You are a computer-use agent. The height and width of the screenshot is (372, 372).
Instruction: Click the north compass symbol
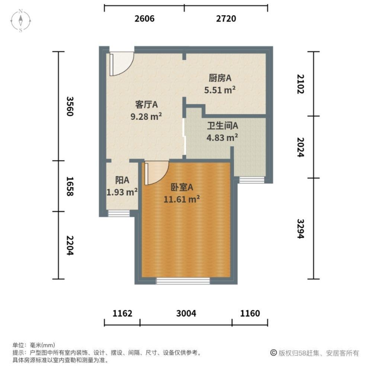[21, 21]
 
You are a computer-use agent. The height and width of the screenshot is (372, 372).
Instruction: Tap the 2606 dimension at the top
[144, 19]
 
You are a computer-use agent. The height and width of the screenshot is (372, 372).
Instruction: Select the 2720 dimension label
[226, 19]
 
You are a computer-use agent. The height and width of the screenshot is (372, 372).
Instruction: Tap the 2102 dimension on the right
[301, 84]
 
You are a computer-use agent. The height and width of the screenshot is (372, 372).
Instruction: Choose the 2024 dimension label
[301, 147]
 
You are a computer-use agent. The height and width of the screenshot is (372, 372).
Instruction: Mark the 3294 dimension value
[301, 228]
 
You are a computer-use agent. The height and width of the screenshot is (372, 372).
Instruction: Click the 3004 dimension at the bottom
[186, 314]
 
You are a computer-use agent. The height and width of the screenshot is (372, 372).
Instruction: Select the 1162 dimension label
[122, 314]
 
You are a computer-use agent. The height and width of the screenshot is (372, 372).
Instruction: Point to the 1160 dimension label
[250, 314]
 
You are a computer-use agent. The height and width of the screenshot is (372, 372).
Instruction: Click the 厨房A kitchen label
[220, 78]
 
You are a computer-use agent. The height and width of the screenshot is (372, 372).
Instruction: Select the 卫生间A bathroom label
[222, 126]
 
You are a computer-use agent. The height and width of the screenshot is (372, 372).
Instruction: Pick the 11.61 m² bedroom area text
[182, 199]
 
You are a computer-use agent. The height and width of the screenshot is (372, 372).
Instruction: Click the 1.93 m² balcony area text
[122, 192]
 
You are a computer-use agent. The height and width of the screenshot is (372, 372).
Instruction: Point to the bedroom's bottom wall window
[183, 281]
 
